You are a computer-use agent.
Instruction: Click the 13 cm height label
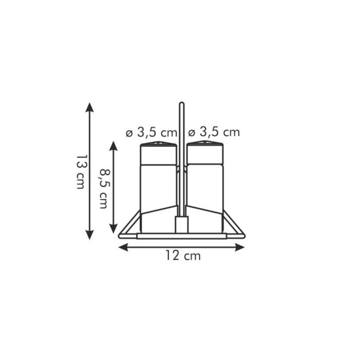point(80,171)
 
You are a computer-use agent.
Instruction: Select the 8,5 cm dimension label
point(104,189)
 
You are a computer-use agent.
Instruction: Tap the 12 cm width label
point(183,255)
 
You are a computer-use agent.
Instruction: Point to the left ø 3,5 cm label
point(152,132)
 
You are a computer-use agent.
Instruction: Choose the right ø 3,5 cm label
point(214,132)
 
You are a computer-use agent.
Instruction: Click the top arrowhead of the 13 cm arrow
point(89,107)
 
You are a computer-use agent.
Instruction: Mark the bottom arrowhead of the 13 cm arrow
point(89,235)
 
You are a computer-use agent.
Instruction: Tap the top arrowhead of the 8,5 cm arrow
point(114,146)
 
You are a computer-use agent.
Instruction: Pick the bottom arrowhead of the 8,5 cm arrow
point(114,228)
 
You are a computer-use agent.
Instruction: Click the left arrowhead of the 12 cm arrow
point(123,247)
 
